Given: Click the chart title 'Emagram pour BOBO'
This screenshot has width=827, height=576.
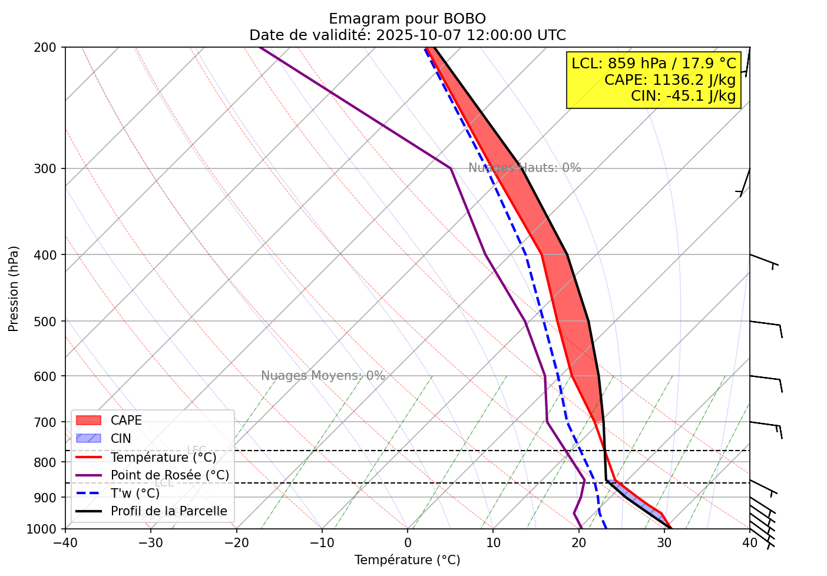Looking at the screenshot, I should [407, 19].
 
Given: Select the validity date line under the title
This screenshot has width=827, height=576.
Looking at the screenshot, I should [407, 35].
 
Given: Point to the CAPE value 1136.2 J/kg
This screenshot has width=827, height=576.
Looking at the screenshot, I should [670, 80].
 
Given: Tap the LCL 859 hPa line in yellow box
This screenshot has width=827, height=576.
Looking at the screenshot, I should [654, 64].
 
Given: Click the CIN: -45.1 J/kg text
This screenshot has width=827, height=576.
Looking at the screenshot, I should [683, 95].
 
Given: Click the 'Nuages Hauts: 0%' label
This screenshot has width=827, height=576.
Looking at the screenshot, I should [524, 168].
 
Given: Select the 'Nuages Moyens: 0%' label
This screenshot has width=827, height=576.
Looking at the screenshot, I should [323, 376].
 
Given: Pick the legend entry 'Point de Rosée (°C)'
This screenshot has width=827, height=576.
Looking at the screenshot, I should [170, 475].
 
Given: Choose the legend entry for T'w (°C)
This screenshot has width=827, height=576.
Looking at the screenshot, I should [135, 493].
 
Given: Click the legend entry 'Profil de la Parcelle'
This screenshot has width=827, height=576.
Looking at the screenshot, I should [168, 511].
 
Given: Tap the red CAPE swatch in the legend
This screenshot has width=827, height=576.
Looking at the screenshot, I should [88, 421].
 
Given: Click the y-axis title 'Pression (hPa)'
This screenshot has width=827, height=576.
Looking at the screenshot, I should [14, 289].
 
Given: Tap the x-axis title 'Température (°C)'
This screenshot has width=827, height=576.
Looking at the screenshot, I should [407, 560].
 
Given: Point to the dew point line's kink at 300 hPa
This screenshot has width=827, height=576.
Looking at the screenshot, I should [451, 168].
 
